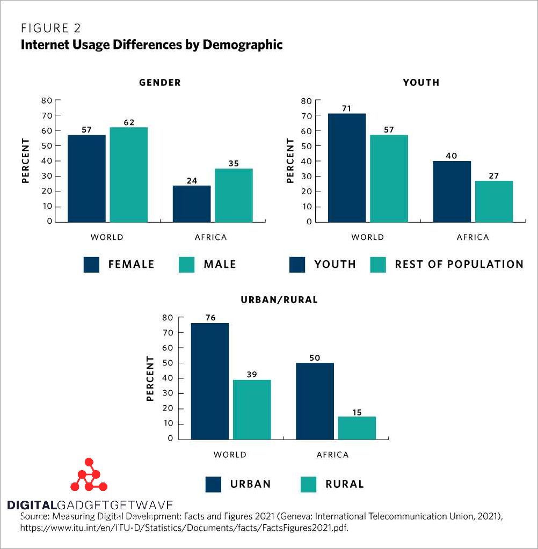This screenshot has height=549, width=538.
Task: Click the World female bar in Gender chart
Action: [86, 178]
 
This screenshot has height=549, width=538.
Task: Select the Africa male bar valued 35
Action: [234, 195]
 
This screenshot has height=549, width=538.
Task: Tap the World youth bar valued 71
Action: [347, 167]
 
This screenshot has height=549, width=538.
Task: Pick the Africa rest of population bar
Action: [494, 201]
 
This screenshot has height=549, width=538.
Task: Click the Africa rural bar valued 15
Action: [357, 427]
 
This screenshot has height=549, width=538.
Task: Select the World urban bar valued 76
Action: [210, 380]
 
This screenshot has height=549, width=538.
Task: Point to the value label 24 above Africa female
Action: [192, 181]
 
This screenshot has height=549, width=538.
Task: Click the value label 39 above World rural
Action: [252, 375]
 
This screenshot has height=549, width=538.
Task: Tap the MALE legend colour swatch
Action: [186, 265]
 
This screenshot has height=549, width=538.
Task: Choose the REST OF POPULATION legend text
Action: [459, 264]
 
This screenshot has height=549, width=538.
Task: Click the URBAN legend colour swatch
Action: [213, 484]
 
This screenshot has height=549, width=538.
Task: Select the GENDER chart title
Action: [160, 83]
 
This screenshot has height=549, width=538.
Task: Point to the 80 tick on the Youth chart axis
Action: [307, 100]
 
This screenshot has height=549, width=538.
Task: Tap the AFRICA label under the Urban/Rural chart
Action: [332, 455]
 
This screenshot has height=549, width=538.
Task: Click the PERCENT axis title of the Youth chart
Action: [290, 160]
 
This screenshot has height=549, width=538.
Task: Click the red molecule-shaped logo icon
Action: [89, 475]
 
